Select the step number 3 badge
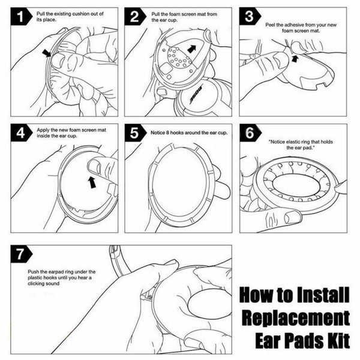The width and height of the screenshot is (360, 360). tap(248, 17)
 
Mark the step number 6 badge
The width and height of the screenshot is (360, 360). tap(248, 134)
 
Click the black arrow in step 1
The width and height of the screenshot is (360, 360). tap(47, 54)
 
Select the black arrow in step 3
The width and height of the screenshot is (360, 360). tap(295, 58)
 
